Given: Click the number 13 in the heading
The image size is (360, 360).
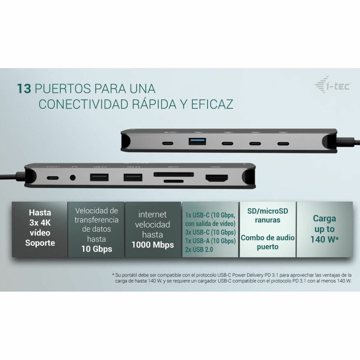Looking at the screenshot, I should click(24, 89).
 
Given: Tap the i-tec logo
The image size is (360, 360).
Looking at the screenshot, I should click(333, 85).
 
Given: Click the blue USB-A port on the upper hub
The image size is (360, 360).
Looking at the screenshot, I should click(197, 141).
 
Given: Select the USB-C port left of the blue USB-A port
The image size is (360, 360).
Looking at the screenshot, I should click(167, 143).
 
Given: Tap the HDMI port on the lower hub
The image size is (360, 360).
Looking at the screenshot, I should click(216, 178).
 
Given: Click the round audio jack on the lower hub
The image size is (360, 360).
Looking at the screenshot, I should click(73, 178).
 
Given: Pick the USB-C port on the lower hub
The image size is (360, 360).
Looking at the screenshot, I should click(52, 178).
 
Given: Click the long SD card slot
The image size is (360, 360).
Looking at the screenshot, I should click(173, 174).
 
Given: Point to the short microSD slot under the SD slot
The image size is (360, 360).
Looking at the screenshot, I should click(173, 181).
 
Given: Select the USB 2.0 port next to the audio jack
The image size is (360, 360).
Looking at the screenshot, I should click(99, 178).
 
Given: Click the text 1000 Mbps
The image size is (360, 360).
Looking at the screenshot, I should click(153, 245).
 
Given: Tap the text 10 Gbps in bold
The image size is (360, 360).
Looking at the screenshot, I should click(97, 249).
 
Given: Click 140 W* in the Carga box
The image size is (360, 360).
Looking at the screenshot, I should click(324, 239).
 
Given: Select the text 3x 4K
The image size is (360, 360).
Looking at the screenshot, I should click(40, 223).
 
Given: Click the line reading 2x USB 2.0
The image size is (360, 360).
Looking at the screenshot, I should click(199, 250).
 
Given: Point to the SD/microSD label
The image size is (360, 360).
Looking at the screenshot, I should click(268, 211).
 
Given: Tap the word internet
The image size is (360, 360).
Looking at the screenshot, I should click(152, 214).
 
